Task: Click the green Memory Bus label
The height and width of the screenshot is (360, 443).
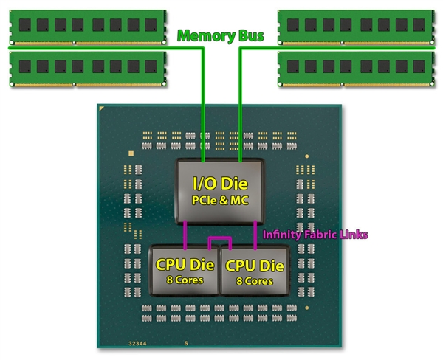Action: pyautogui.click(x=221, y=35)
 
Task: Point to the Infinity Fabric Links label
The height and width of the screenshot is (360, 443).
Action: pyautogui.click(x=315, y=235)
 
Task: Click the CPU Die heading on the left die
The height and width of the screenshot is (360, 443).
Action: pyautogui.click(x=185, y=263)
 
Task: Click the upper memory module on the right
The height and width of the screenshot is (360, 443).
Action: pyautogui.click(x=355, y=24)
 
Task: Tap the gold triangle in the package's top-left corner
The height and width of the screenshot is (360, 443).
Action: pyautogui.click(x=103, y=109)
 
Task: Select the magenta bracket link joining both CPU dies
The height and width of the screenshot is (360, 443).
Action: pyautogui.click(x=220, y=239)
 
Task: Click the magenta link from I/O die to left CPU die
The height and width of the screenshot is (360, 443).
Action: pyautogui.click(x=185, y=235)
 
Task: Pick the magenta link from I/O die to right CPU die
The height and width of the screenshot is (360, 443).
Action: pyautogui.click(x=255, y=235)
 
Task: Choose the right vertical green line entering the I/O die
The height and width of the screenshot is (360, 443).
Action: pyautogui.click(x=239, y=103)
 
